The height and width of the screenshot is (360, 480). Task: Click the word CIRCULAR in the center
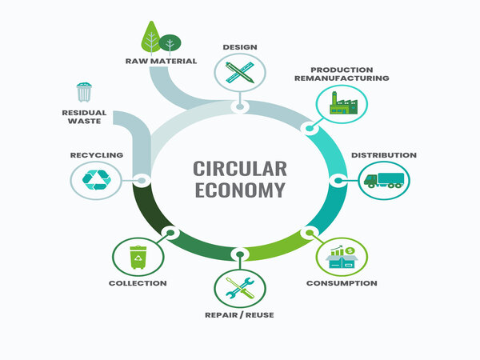coord(238,169)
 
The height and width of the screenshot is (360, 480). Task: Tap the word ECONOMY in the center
coord(238,190)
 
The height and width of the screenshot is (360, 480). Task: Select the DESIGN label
coord(239,46)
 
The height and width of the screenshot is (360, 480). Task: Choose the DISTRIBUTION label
coord(384,154)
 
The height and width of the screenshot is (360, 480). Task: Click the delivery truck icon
coord(382,181)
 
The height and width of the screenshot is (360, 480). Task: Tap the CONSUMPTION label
coord(342,283)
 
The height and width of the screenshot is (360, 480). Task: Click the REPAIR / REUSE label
coord(239,315)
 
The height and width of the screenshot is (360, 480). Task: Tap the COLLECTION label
coord(138,283)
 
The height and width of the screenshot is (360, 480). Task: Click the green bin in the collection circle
coord(138,257)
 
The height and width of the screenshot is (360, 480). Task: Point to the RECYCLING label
coord(96,154)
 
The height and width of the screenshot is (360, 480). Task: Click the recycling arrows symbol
coord(95,180)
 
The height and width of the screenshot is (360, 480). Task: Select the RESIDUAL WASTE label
coord(84,118)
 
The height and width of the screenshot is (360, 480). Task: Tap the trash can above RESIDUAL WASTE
coord(84,93)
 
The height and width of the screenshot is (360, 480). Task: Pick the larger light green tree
coord(151,37)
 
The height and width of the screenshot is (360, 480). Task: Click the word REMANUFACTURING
coord(350,78)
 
